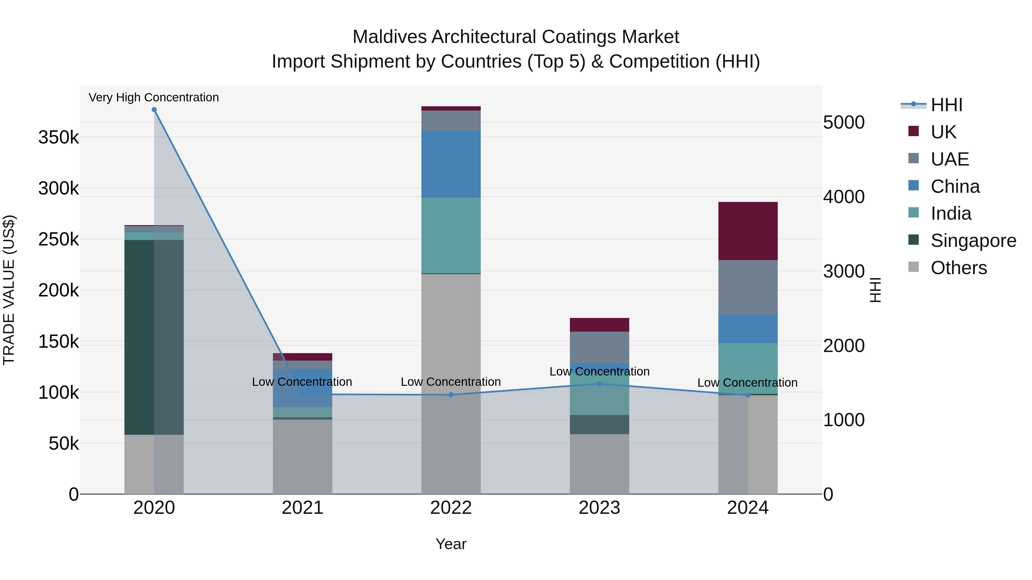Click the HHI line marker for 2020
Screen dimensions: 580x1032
point(154,110)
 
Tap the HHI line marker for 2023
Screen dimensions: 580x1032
point(599,384)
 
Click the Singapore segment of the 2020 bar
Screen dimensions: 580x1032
point(154,337)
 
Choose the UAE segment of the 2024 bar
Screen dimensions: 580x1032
point(748,287)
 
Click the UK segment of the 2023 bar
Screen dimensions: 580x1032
point(599,325)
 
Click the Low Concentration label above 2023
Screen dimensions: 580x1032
point(599,371)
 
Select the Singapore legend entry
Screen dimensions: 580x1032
point(973,241)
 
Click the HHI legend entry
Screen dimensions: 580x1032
point(946,105)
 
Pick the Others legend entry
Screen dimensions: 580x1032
point(959,268)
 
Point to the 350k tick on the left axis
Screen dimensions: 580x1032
point(58,137)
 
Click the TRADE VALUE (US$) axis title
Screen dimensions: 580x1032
point(9,290)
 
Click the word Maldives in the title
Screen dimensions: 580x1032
point(389,37)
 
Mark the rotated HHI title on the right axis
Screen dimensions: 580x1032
point(876,290)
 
